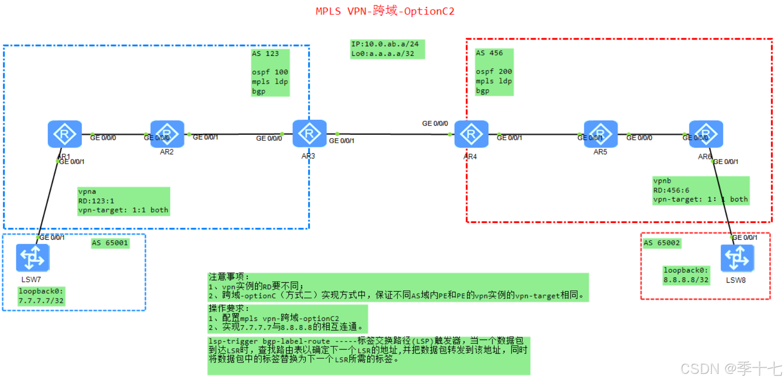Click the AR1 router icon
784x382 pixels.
64,134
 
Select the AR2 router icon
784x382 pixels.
167,134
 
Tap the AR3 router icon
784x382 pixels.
309,134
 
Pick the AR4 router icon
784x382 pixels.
471,134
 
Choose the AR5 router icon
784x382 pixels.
601,134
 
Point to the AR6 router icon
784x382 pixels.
706,134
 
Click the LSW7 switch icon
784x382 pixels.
32,258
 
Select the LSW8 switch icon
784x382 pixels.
737,258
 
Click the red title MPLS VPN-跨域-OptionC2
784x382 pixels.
385,11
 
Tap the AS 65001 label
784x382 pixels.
110,243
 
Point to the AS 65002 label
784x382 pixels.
662,243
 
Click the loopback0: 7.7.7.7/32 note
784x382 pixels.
41,296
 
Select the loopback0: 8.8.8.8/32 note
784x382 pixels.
686,275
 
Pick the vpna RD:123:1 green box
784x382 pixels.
123,201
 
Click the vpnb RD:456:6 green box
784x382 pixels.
700,191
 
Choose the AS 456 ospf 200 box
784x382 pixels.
494,72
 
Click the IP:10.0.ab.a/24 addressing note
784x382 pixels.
387,49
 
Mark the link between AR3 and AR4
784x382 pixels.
392,134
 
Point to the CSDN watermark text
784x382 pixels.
730,369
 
